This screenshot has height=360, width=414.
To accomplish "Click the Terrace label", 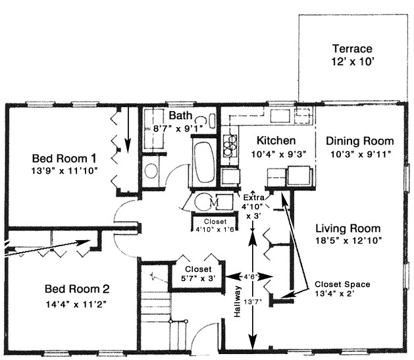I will pyautogui.click(x=351, y=49).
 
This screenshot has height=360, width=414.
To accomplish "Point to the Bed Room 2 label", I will pyautogui.click(x=76, y=289).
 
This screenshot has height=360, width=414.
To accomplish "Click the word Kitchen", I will pyautogui.click(x=276, y=141).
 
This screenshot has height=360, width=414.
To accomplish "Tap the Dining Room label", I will pyautogui.click(x=359, y=141).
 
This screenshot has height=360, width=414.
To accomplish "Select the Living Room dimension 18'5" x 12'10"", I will pyautogui.click(x=347, y=241).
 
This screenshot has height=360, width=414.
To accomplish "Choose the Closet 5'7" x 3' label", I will pyautogui.click(x=197, y=274).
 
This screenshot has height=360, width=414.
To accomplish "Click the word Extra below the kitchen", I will pyautogui.click(x=254, y=197).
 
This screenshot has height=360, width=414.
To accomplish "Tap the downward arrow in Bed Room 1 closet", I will pyautogui.click(x=128, y=121).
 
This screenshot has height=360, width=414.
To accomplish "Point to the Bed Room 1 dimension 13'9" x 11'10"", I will pyautogui.click(x=65, y=171).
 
